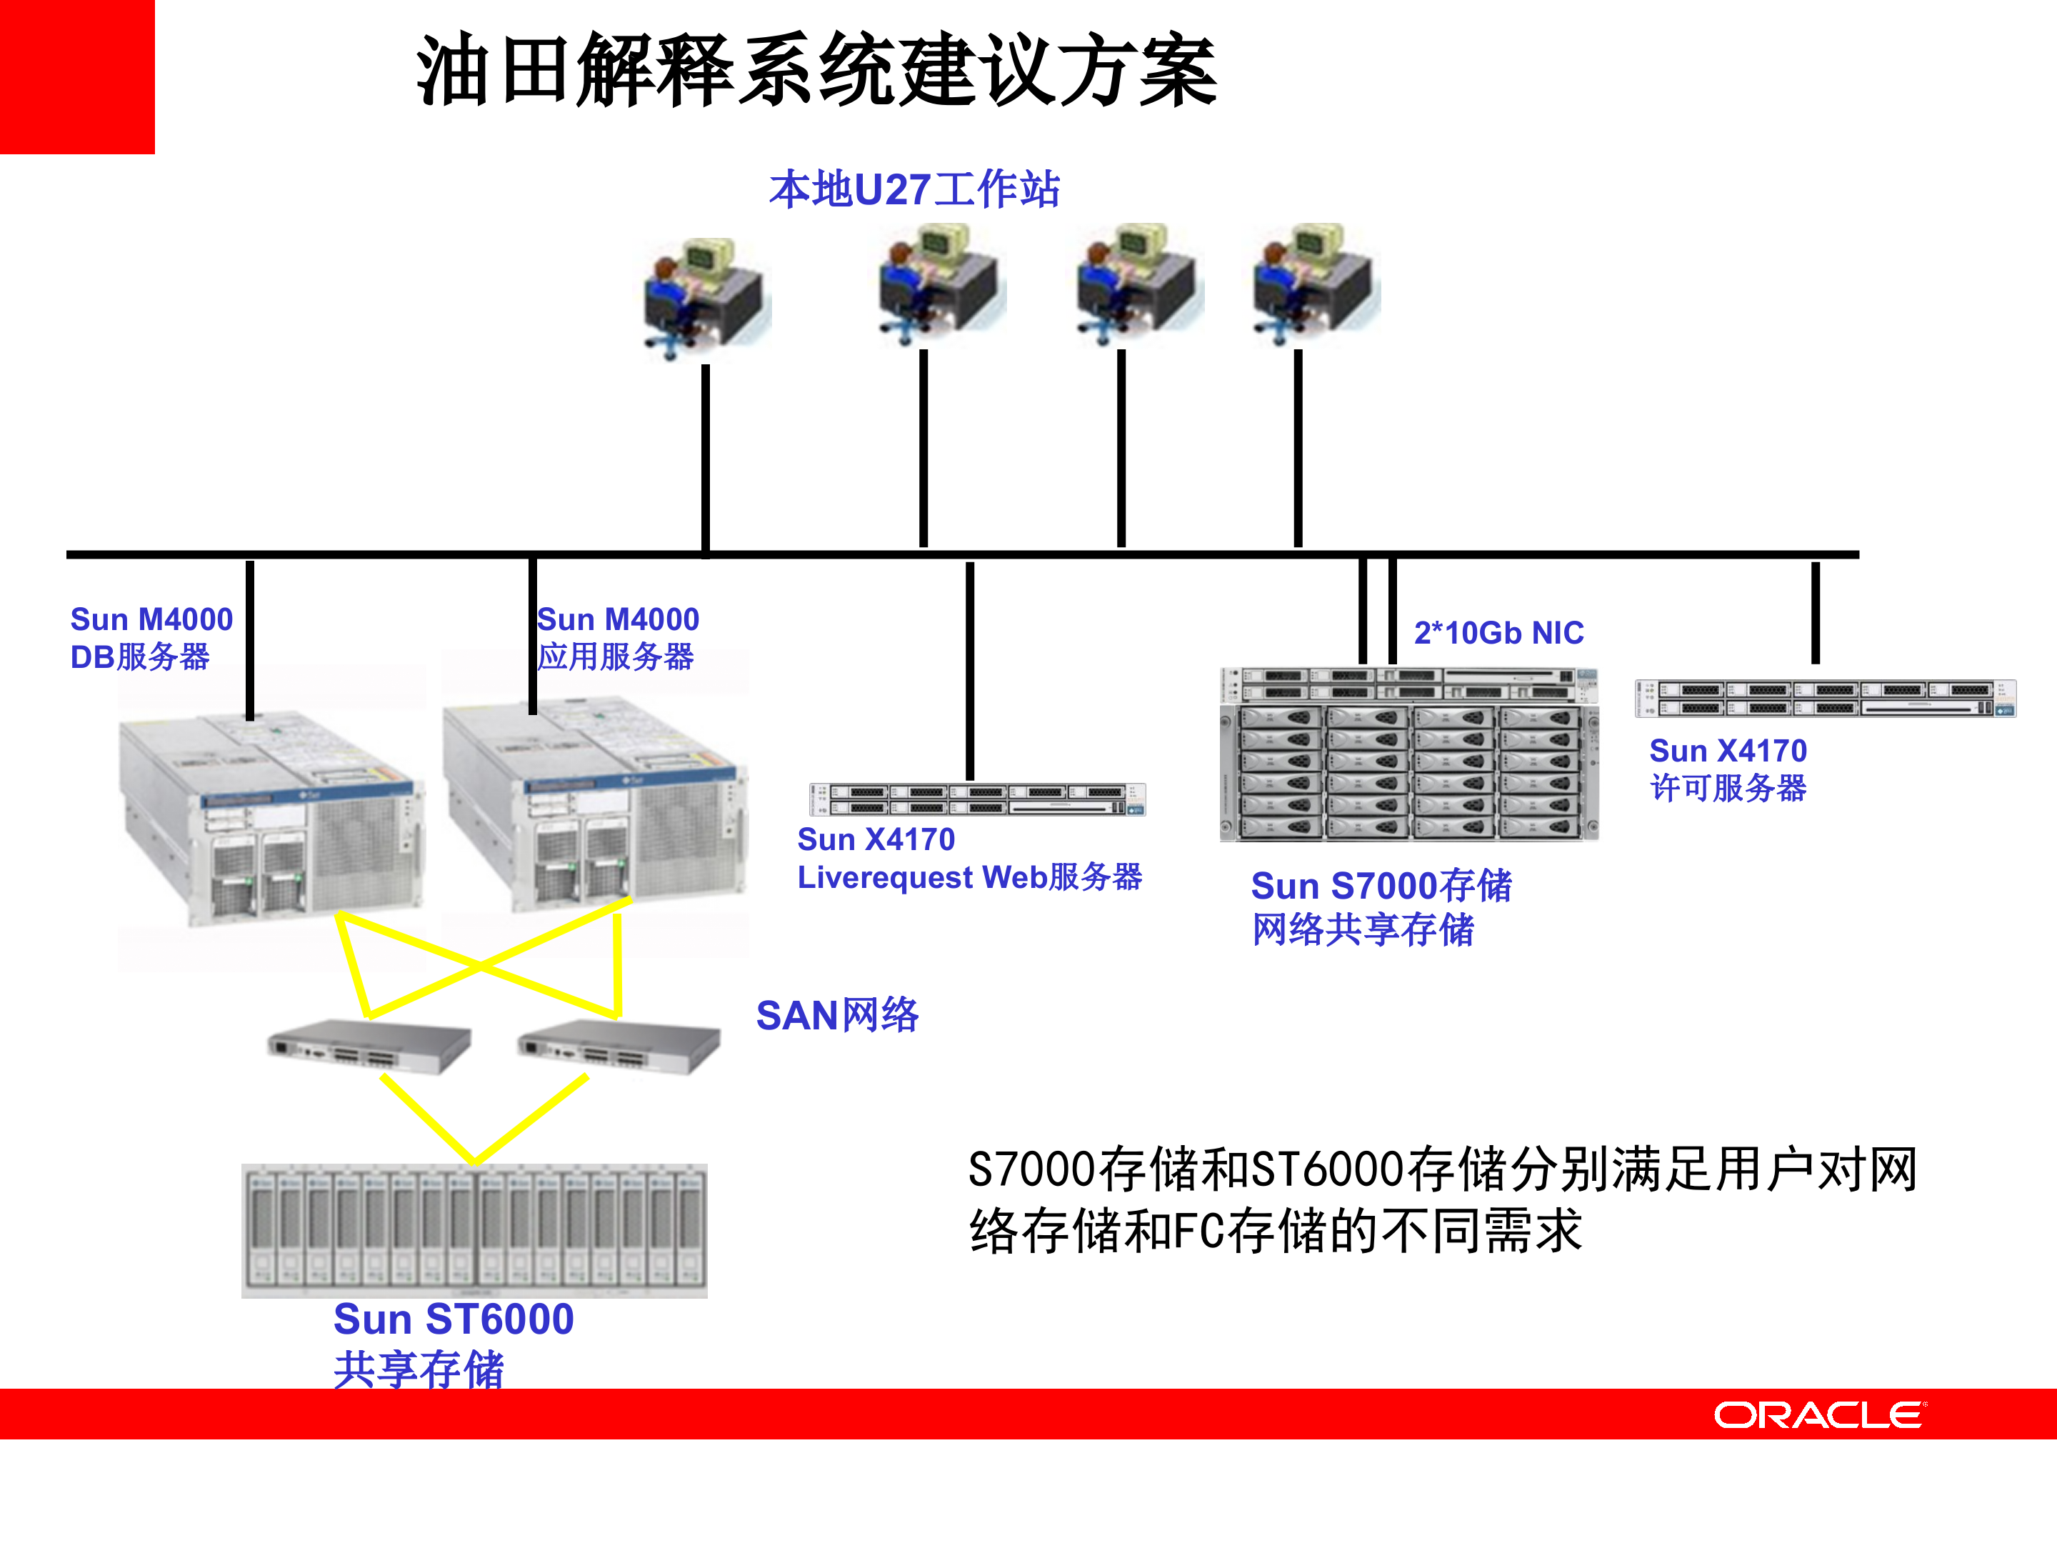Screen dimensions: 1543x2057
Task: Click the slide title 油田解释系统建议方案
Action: pos(816,71)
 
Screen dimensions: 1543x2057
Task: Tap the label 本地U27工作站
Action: pos(914,190)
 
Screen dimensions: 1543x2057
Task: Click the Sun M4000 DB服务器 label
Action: pos(151,638)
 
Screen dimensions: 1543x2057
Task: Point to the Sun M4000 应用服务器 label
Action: pos(618,638)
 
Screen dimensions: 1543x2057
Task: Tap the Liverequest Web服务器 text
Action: pos(969,877)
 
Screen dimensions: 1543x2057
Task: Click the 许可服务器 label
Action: pos(1728,789)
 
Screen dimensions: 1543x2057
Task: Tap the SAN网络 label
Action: pos(837,1014)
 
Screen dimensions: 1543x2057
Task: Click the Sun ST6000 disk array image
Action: pos(474,1229)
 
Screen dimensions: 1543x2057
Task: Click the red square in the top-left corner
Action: pos(76,76)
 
